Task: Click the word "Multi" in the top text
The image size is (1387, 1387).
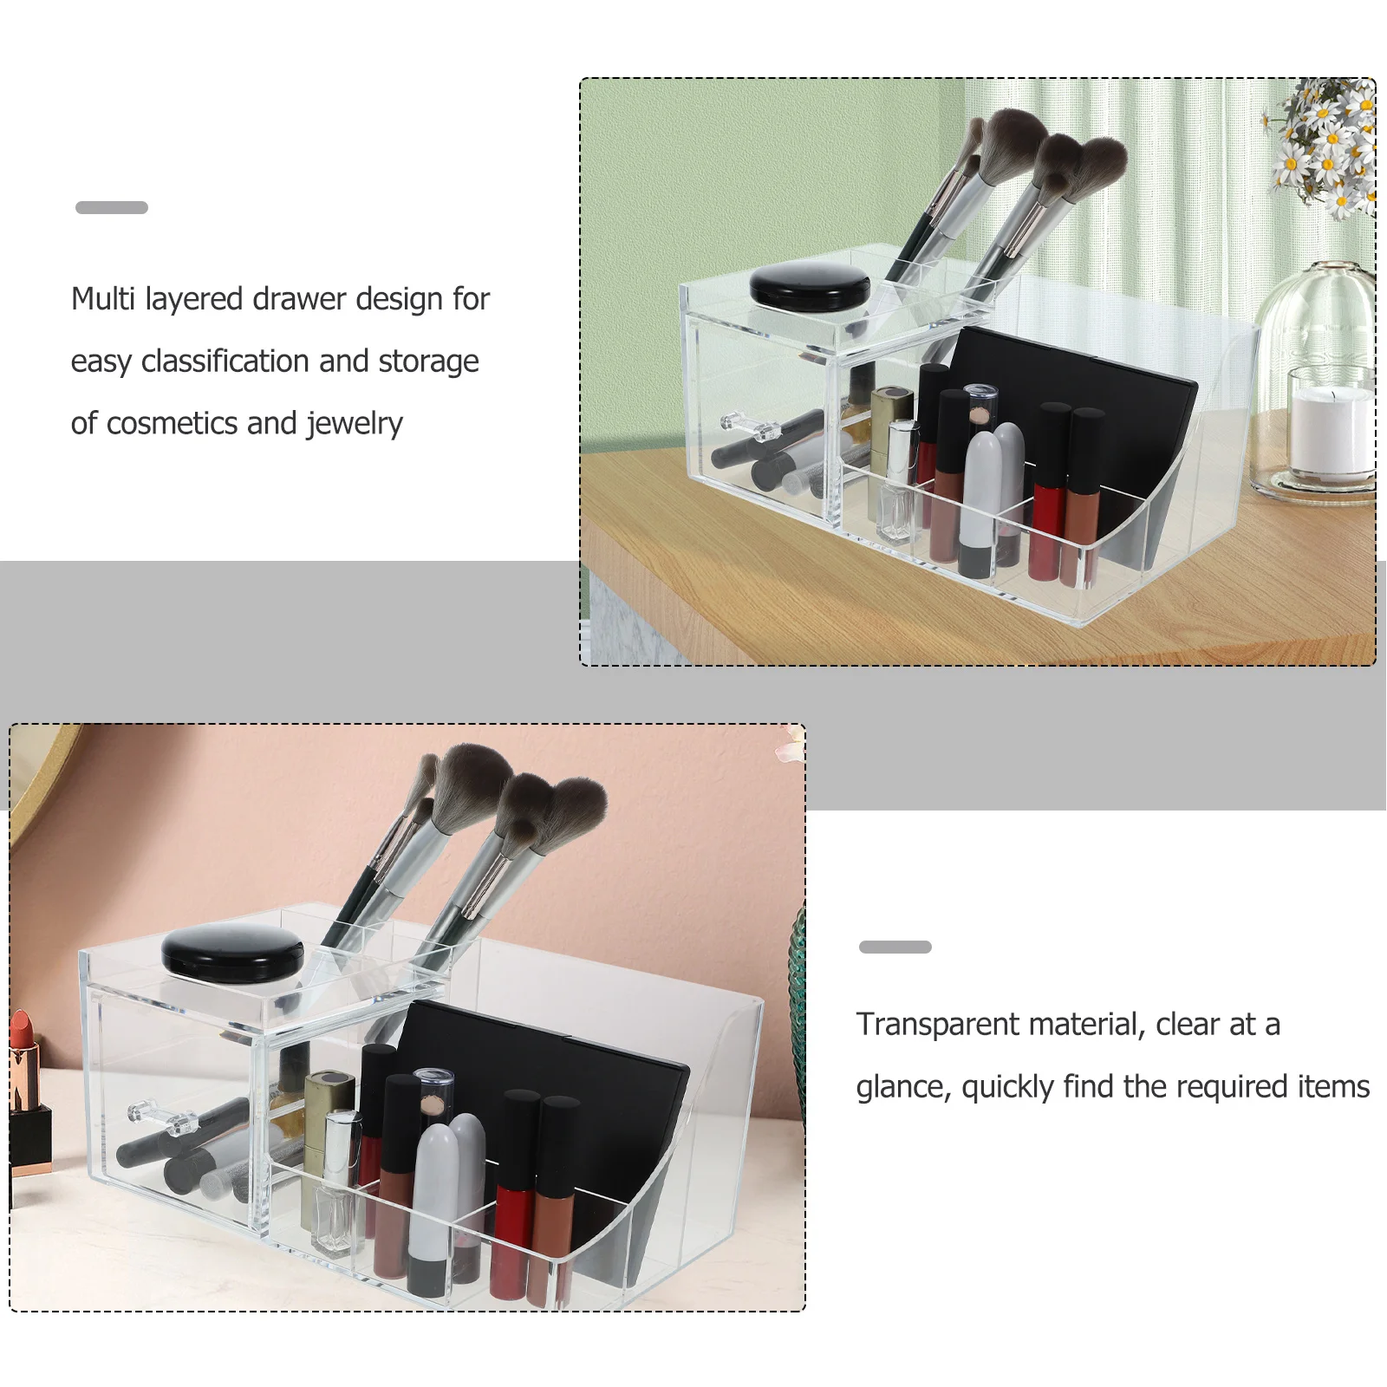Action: (x=103, y=299)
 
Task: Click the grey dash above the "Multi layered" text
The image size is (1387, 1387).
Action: (x=112, y=207)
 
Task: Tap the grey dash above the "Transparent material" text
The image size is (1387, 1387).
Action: (x=895, y=947)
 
